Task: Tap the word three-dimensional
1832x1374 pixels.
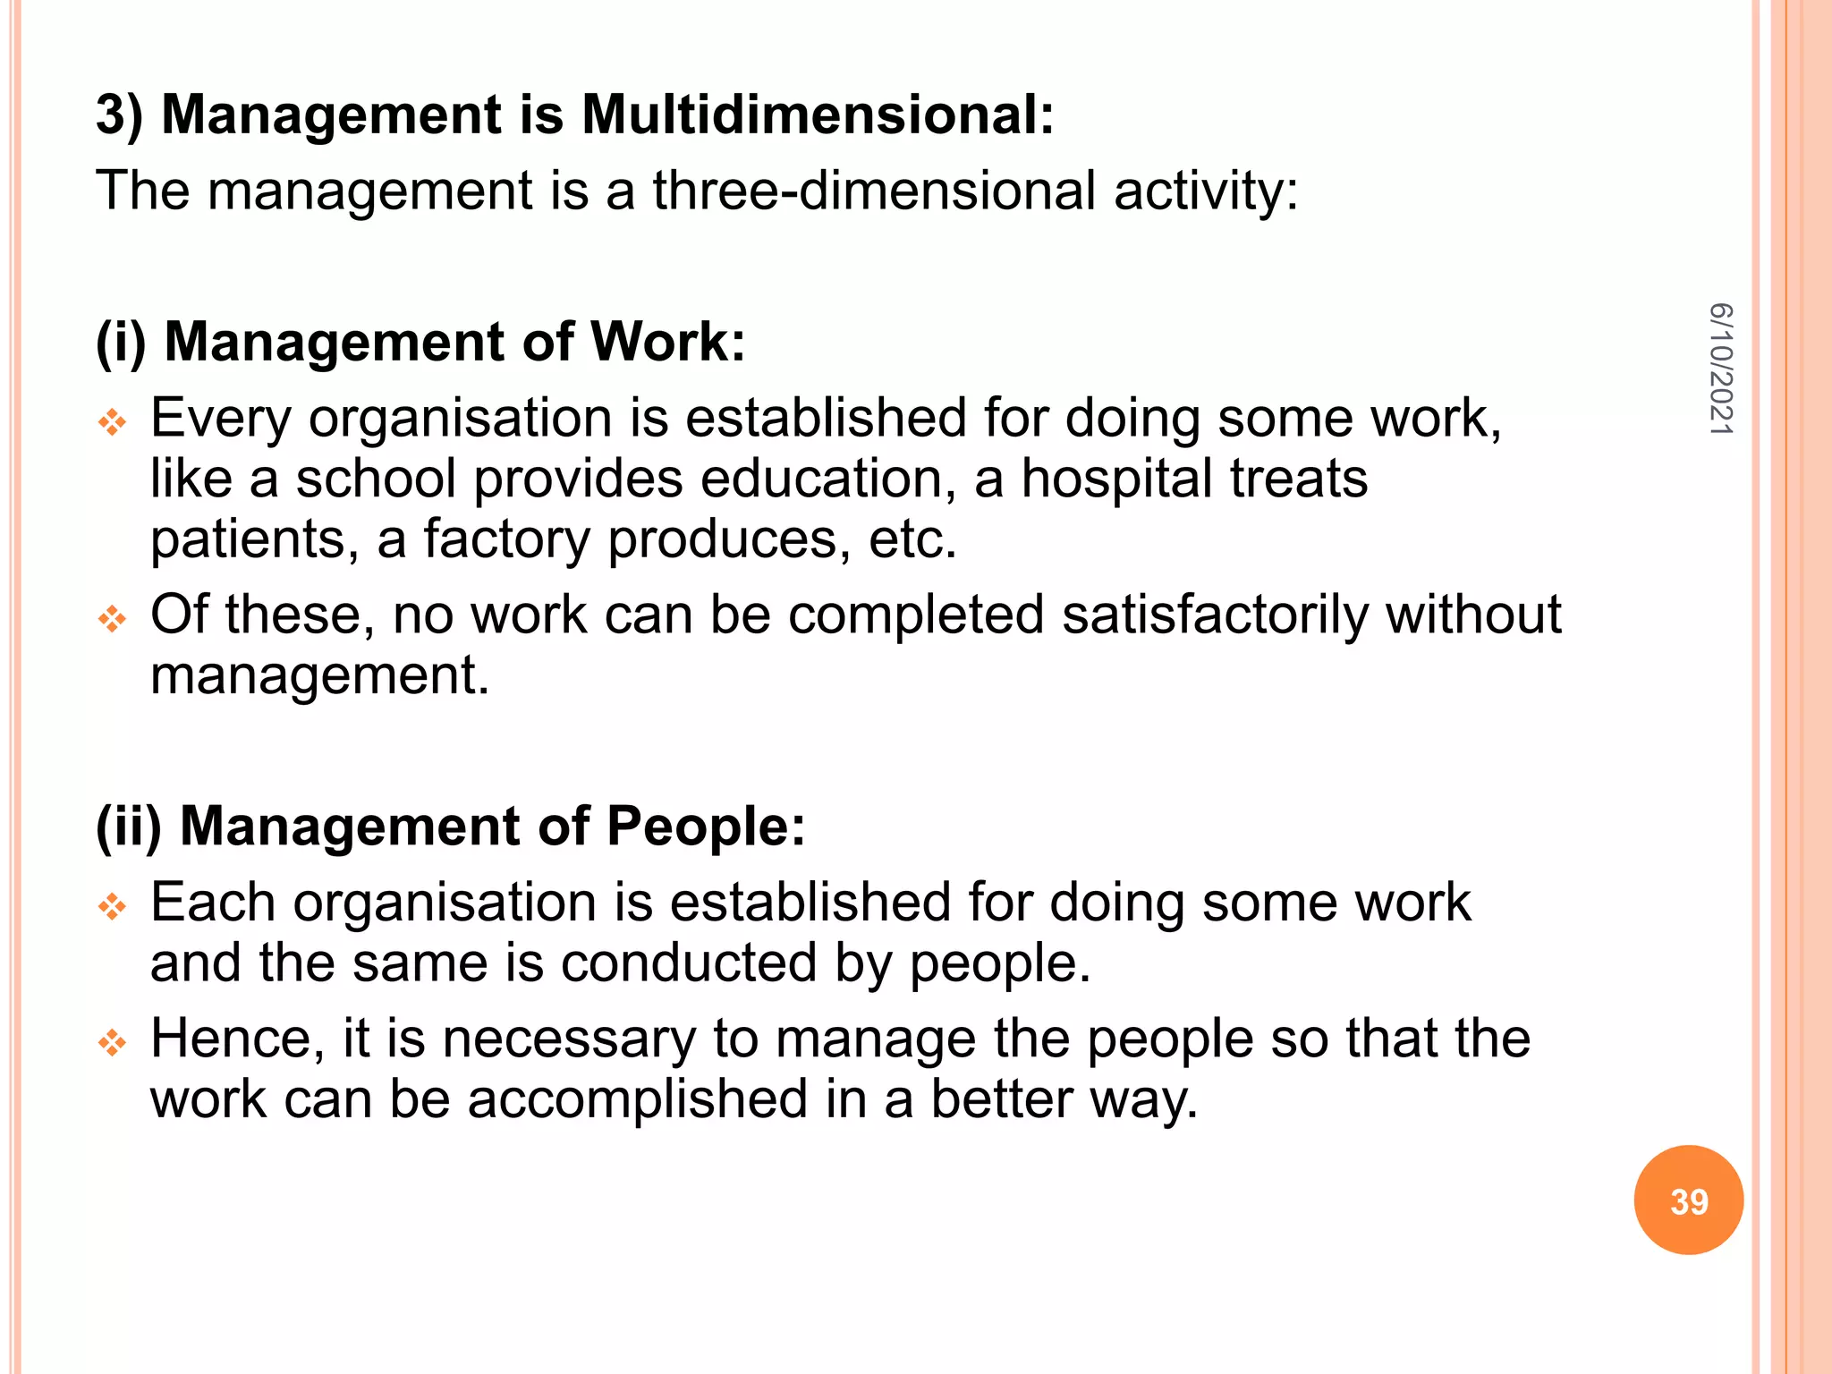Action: [x=874, y=191]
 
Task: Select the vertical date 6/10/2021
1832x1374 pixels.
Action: [x=1720, y=369]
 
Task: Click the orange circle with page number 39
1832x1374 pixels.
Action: [x=1688, y=1200]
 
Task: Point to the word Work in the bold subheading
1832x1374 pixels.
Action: [x=667, y=342]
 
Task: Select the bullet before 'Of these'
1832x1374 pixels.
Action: [x=113, y=618]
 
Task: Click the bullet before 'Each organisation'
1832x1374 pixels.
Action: [x=113, y=906]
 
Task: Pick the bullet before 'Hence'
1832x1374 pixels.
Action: [x=113, y=1042]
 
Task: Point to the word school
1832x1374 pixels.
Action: [x=376, y=479]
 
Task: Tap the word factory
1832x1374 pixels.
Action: [x=506, y=539]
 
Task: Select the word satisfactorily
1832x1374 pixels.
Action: [x=1215, y=615]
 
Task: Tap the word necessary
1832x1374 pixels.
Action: [x=568, y=1039]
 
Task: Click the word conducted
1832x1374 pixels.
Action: [x=689, y=963]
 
